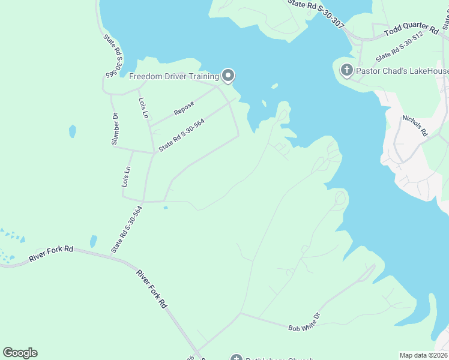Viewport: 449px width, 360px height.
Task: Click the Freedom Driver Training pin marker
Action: click(x=228, y=76)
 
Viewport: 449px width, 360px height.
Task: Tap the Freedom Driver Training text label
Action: click(x=174, y=76)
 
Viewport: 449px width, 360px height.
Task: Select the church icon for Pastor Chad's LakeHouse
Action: click(x=346, y=70)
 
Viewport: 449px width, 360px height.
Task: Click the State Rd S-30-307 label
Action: click(x=316, y=13)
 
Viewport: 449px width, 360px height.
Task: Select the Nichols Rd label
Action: click(x=414, y=126)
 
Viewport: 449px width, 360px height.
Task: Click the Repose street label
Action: click(x=184, y=108)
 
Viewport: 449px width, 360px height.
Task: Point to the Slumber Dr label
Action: click(x=115, y=128)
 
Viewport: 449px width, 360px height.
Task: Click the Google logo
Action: click(x=20, y=353)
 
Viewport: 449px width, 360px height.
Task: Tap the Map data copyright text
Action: click(x=423, y=355)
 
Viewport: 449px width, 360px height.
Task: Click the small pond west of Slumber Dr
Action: click(x=73, y=131)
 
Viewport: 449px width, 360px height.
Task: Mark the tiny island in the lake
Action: click(x=274, y=86)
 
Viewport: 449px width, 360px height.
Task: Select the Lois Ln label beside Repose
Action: click(x=143, y=108)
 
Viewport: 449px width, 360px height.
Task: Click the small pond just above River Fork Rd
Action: click(x=93, y=241)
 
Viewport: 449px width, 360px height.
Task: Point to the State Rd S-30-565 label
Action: click(x=114, y=56)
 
